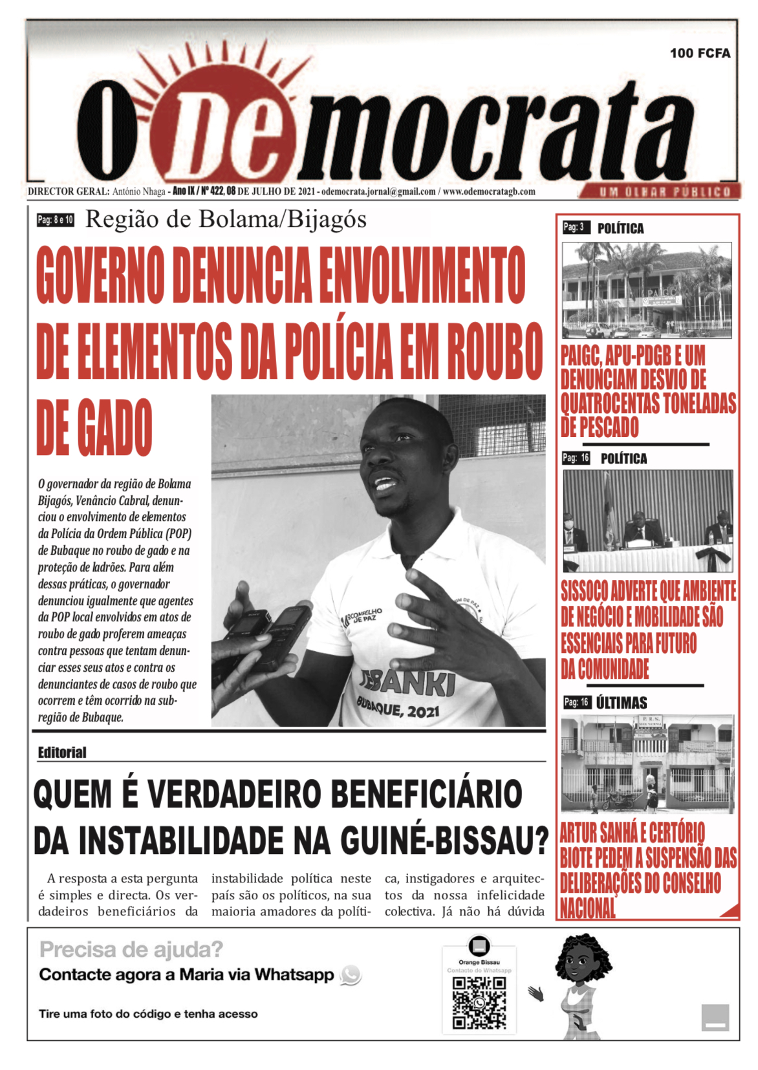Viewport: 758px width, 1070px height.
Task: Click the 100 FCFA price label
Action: coord(700,53)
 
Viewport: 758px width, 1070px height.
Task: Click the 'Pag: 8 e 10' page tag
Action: coord(56,220)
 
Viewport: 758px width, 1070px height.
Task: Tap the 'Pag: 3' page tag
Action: coord(574,228)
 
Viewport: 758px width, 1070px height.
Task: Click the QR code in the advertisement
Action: coord(479,1002)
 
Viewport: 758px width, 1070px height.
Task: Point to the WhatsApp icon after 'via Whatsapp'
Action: coord(351,975)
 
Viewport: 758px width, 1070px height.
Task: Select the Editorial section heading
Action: coord(62,753)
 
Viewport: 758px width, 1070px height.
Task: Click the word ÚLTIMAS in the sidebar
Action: coord(622,703)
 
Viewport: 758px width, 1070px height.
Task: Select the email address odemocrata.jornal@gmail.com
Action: coord(378,191)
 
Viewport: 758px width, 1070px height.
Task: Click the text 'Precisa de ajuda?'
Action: coord(131,949)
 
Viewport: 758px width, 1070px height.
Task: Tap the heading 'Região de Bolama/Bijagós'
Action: coord(226,220)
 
